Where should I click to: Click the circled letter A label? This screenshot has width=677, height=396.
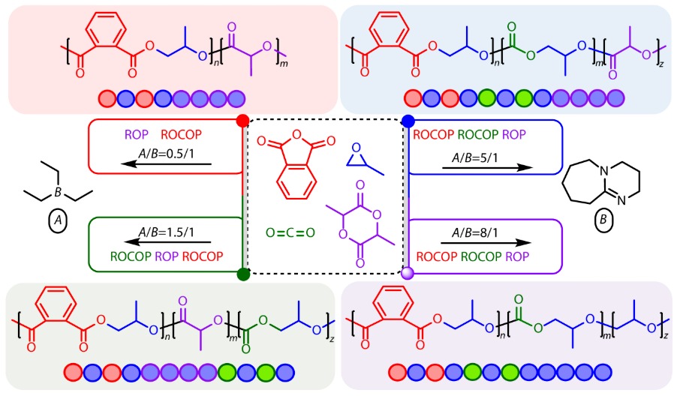pos(57,221)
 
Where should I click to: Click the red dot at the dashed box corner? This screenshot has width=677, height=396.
pos(242,120)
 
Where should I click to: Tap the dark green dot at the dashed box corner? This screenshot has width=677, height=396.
pos(242,274)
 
